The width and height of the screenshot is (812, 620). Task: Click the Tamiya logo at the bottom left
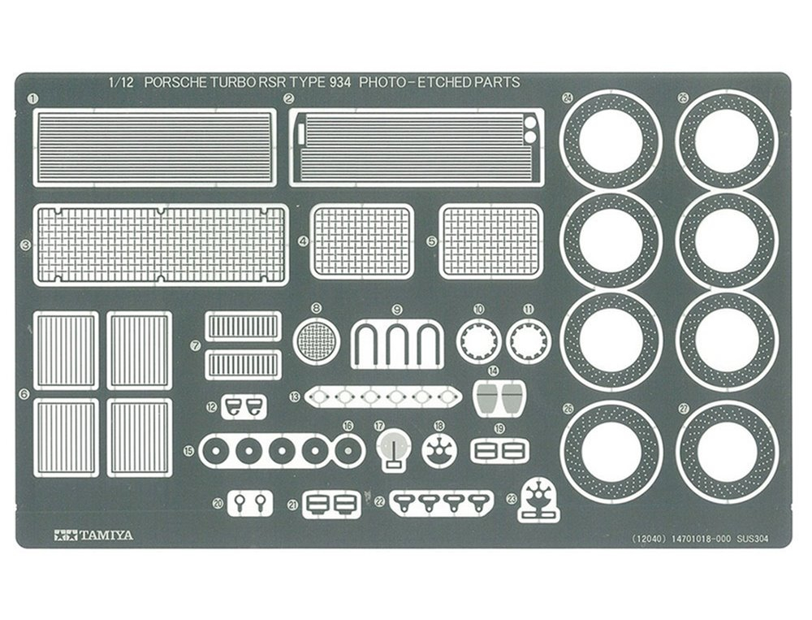(x=93, y=535)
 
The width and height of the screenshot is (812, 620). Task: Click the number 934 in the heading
(x=339, y=82)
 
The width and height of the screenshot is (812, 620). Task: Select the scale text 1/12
(x=121, y=82)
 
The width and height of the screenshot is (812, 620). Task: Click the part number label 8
(x=317, y=308)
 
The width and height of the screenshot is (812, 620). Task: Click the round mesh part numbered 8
(x=317, y=341)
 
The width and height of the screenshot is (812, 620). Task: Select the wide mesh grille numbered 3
(x=161, y=245)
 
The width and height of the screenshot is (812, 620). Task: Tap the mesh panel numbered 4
(x=361, y=241)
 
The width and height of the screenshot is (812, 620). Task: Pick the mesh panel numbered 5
(x=490, y=241)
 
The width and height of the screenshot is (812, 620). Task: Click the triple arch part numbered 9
(x=397, y=345)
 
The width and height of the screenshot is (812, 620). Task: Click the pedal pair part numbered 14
(x=499, y=397)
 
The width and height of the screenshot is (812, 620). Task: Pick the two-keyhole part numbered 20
(x=249, y=502)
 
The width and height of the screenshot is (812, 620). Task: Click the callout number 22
(x=380, y=501)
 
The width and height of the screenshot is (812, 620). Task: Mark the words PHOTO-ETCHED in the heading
(x=408, y=82)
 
